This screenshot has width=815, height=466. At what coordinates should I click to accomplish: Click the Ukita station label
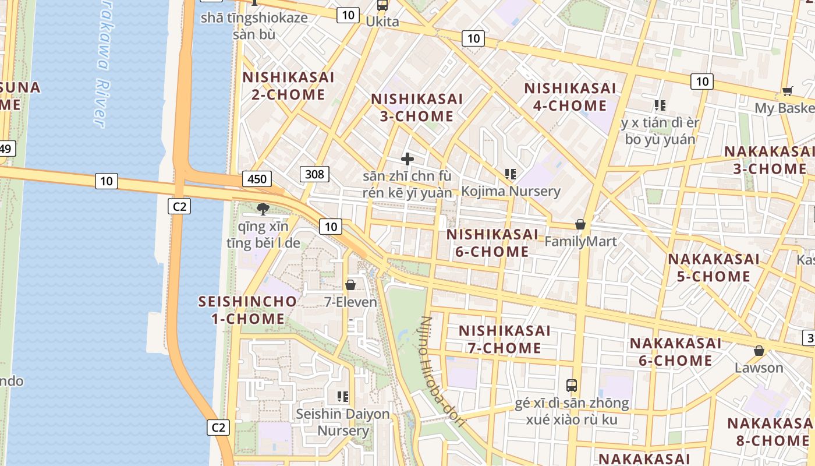382,22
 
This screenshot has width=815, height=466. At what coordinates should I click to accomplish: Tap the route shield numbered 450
257,179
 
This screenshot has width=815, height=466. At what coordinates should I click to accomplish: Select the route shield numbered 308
315,174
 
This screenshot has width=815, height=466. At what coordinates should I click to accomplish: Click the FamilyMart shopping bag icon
580,224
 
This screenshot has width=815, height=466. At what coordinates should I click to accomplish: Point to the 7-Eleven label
350,302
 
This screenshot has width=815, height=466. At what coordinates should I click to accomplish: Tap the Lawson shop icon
759,351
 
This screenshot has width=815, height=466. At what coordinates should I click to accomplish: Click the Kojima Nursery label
511,191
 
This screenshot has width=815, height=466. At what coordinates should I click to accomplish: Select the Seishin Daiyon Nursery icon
343,397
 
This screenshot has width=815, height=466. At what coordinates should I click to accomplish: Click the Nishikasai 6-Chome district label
492,243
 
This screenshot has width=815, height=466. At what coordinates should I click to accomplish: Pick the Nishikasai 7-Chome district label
504,339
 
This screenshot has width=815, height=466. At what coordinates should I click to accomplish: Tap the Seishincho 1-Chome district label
247,310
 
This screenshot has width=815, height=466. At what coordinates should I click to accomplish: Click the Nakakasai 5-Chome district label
714,267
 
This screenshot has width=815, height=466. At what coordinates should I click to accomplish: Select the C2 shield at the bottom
218,427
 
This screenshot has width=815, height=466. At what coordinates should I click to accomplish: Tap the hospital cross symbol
408,158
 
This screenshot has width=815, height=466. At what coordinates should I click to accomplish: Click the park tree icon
263,209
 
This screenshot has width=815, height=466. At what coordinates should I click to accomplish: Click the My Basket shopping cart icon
787,91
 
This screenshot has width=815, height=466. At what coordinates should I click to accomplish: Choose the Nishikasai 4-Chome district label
570,97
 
